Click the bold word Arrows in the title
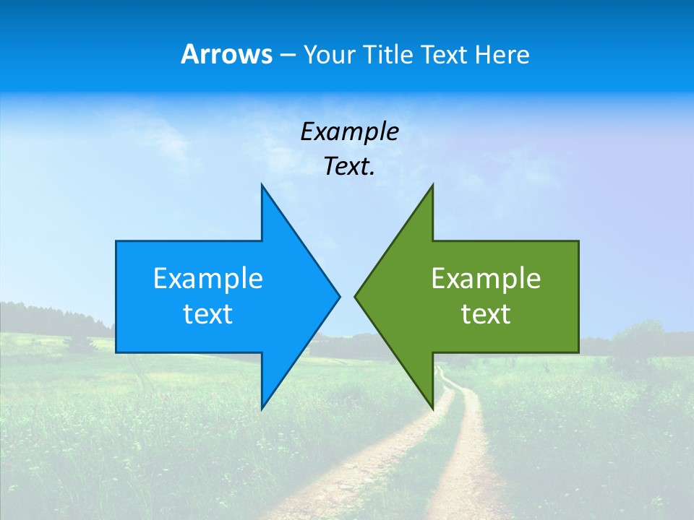pyautogui.click(x=226, y=54)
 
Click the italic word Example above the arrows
pyautogui.click(x=349, y=131)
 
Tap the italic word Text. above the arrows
pyautogui.click(x=349, y=166)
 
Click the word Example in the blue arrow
pyautogui.click(x=208, y=278)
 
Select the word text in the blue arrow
pyautogui.click(x=208, y=314)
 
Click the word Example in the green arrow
pyautogui.click(x=486, y=278)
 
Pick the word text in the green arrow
pyautogui.click(x=486, y=314)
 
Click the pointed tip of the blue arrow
pyautogui.click(x=339, y=295)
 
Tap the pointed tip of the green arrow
pyautogui.click(x=355, y=295)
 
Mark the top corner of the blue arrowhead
pyautogui.click(x=262, y=185)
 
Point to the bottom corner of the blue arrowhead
pyautogui.click(x=262, y=408)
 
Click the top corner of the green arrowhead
pyautogui.click(x=432, y=185)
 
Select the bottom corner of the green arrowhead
pyautogui.click(x=432, y=408)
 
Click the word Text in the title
pyautogui.click(x=445, y=55)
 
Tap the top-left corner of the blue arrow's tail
pyautogui.click(x=116, y=241)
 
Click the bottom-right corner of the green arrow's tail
pyautogui.click(x=578, y=352)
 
